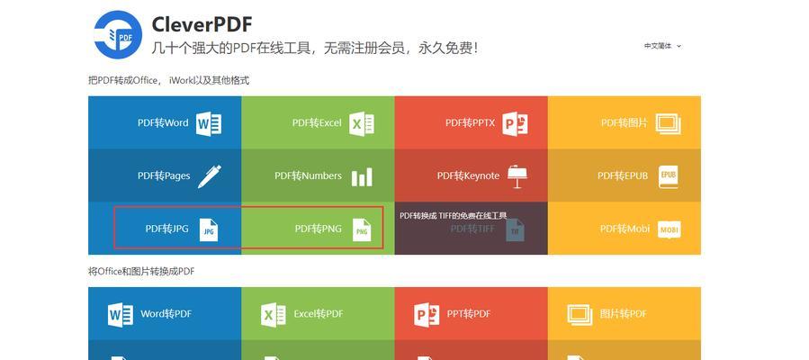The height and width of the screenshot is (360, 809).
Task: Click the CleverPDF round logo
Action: (118, 34)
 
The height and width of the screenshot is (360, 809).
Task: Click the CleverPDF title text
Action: (202, 25)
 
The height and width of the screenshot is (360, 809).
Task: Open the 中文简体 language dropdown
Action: (662, 46)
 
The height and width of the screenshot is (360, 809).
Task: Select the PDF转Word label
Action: (163, 122)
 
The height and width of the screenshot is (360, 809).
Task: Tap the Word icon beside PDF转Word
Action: (209, 124)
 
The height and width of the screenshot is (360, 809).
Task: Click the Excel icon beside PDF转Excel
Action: (362, 124)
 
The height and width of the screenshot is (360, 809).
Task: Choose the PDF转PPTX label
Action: (470, 122)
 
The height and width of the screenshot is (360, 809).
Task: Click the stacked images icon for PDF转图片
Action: (668, 124)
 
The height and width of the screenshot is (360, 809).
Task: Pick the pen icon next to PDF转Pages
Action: (210, 176)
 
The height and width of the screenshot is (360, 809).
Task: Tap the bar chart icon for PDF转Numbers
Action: (362, 177)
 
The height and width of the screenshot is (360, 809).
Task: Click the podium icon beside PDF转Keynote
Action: (517, 176)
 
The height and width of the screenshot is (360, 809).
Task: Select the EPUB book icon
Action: (669, 176)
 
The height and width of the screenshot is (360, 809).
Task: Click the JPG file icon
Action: (209, 230)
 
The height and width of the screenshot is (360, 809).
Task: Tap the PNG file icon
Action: (362, 230)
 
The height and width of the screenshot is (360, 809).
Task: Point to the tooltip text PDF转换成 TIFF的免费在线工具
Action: (454, 216)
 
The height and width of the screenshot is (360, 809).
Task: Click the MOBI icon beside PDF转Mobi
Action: (670, 229)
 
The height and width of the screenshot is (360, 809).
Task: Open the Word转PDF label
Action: (166, 313)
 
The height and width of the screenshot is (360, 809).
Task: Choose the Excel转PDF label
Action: (319, 313)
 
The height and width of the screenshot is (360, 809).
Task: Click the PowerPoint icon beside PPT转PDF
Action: (427, 314)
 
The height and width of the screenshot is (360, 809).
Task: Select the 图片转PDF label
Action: (624, 313)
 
